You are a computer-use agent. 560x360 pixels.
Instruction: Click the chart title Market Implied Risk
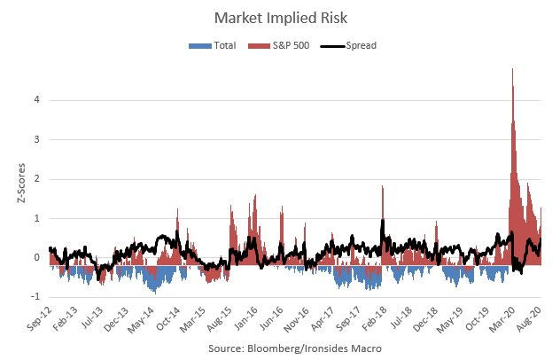click(x=279, y=17)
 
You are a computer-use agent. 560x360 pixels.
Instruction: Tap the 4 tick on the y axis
click(x=36, y=100)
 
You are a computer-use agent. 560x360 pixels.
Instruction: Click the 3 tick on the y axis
click(x=36, y=140)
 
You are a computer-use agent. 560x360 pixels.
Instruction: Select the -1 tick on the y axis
click(x=35, y=298)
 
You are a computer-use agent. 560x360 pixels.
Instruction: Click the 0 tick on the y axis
click(x=36, y=258)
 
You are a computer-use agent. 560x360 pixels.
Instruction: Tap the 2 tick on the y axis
click(x=36, y=179)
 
